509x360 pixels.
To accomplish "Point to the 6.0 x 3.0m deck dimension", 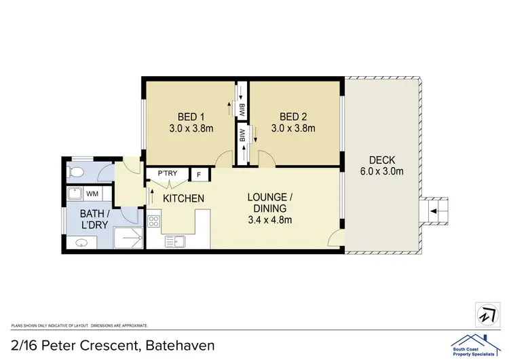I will pyautogui.click(x=381, y=171).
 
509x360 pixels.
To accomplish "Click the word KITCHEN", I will pyautogui.click(x=183, y=199).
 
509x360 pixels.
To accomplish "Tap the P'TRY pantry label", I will pyautogui.click(x=167, y=173).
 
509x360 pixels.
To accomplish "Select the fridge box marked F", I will pyautogui.click(x=199, y=175).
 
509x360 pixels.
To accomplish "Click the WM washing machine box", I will pyautogui.click(x=91, y=194).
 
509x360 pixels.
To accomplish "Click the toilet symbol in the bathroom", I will pyautogui.click(x=77, y=172).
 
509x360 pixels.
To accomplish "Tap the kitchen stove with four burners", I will pyautogui.click(x=153, y=221).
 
